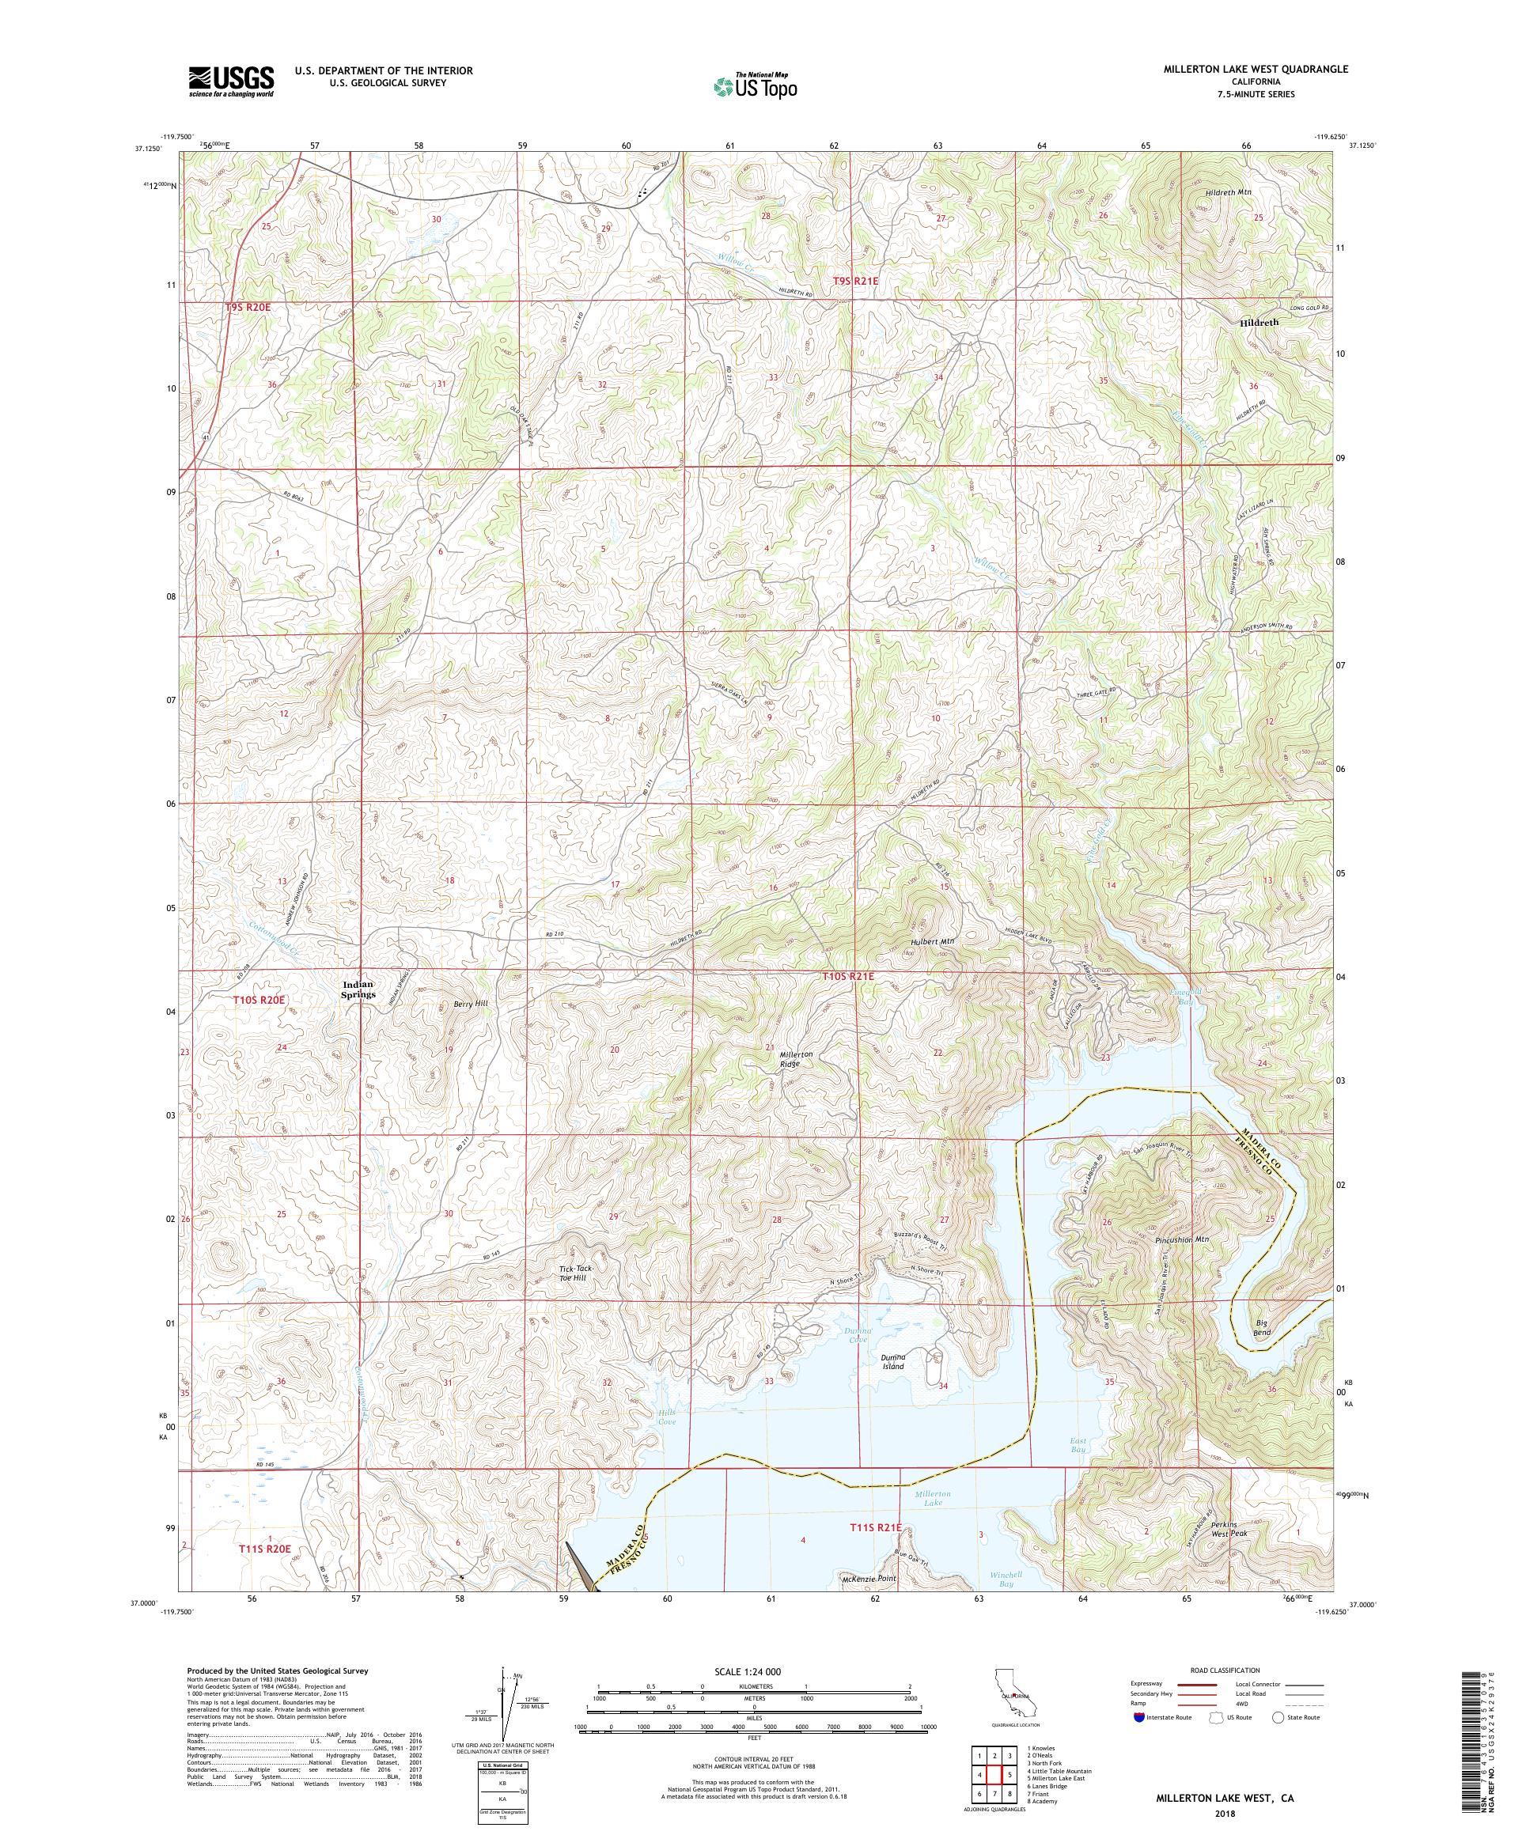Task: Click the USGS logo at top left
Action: coord(231,82)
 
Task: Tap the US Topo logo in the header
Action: coord(756,85)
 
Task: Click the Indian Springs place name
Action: coord(358,989)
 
